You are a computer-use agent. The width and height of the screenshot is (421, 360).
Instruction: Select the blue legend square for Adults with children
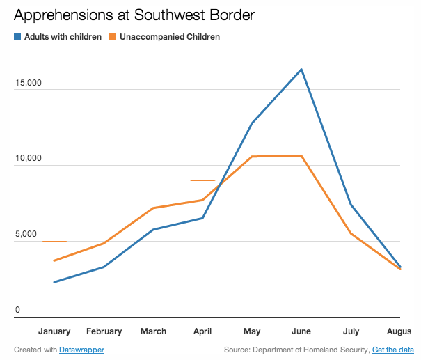(17, 37)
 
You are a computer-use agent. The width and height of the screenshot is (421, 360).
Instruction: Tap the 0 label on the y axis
(19, 310)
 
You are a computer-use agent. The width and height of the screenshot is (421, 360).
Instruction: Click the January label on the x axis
(54, 331)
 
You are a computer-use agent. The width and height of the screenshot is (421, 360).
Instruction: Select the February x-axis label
(104, 331)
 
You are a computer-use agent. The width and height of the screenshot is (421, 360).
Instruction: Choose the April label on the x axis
(202, 331)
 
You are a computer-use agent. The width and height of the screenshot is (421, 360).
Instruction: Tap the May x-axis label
(251, 331)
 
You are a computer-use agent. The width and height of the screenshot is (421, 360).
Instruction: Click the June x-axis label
(301, 331)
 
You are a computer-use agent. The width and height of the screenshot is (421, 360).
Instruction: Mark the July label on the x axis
(351, 331)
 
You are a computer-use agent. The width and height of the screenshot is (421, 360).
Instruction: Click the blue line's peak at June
(301, 69)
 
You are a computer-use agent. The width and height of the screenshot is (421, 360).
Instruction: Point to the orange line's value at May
(251, 157)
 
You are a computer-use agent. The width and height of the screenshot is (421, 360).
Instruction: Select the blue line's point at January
(54, 282)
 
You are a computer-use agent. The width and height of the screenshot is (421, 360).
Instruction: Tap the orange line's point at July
(351, 233)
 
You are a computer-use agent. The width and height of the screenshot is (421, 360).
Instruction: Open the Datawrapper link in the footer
(81, 350)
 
